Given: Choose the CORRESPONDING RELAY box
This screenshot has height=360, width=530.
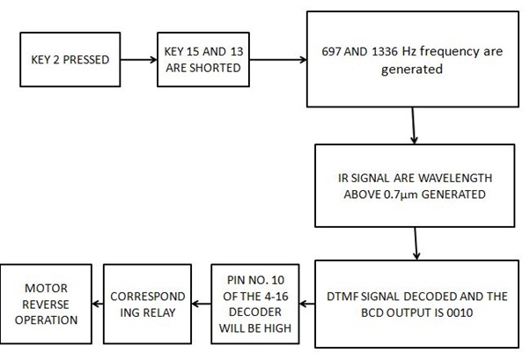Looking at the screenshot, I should pyautogui.click(x=145, y=303).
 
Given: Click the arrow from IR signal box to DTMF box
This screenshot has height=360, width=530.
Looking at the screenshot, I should pyautogui.click(x=413, y=243).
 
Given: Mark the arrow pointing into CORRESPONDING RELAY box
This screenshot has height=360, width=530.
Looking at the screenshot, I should pyautogui.click(x=199, y=304).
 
